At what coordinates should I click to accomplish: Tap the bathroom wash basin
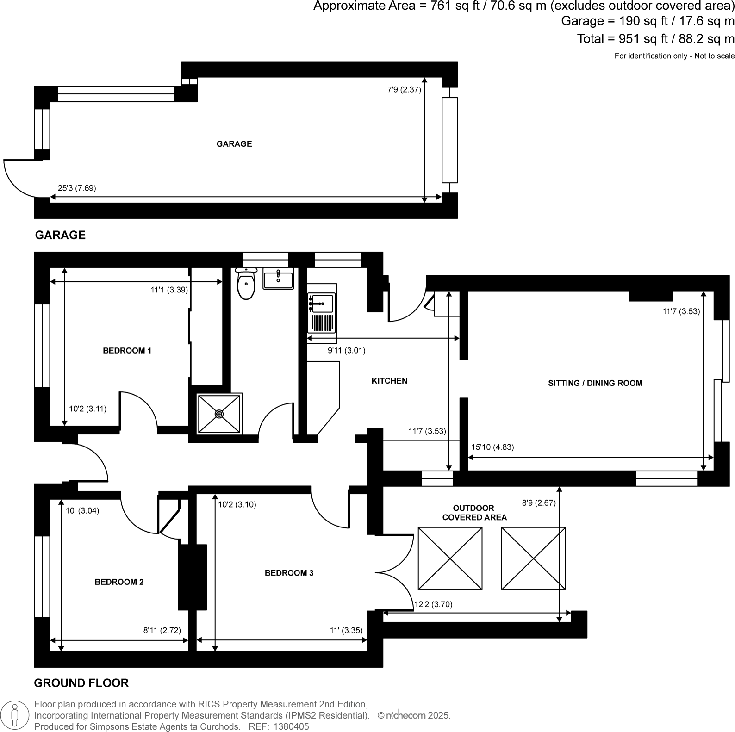pyautogui.click(x=278, y=280)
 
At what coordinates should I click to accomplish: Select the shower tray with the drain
pyautogui.click(x=219, y=414)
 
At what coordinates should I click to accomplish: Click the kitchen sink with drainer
pyautogui.click(x=321, y=313)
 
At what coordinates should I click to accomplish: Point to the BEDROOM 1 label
pyautogui.click(x=127, y=351)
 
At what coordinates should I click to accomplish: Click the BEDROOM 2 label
pyautogui.click(x=119, y=582)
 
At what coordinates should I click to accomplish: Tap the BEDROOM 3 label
pyautogui.click(x=289, y=573)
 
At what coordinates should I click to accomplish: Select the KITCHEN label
pyautogui.click(x=389, y=381)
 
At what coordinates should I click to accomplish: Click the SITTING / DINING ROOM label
pyautogui.click(x=595, y=383)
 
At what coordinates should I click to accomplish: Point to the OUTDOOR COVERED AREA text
pyautogui.click(x=474, y=513)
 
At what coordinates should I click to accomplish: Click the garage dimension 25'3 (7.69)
pyautogui.click(x=77, y=188)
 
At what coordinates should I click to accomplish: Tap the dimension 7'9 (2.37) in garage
pyautogui.click(x=404, y=90)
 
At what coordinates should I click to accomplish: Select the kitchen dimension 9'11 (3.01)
pyautogui.click(x=346, y=351)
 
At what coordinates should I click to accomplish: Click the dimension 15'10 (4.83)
pyautogui.click(x=492, y=447)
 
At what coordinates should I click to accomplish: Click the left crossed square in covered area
pyautogui.click(x=450, y=558)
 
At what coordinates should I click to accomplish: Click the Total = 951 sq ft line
pyautogui.click(x=655, y=39)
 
